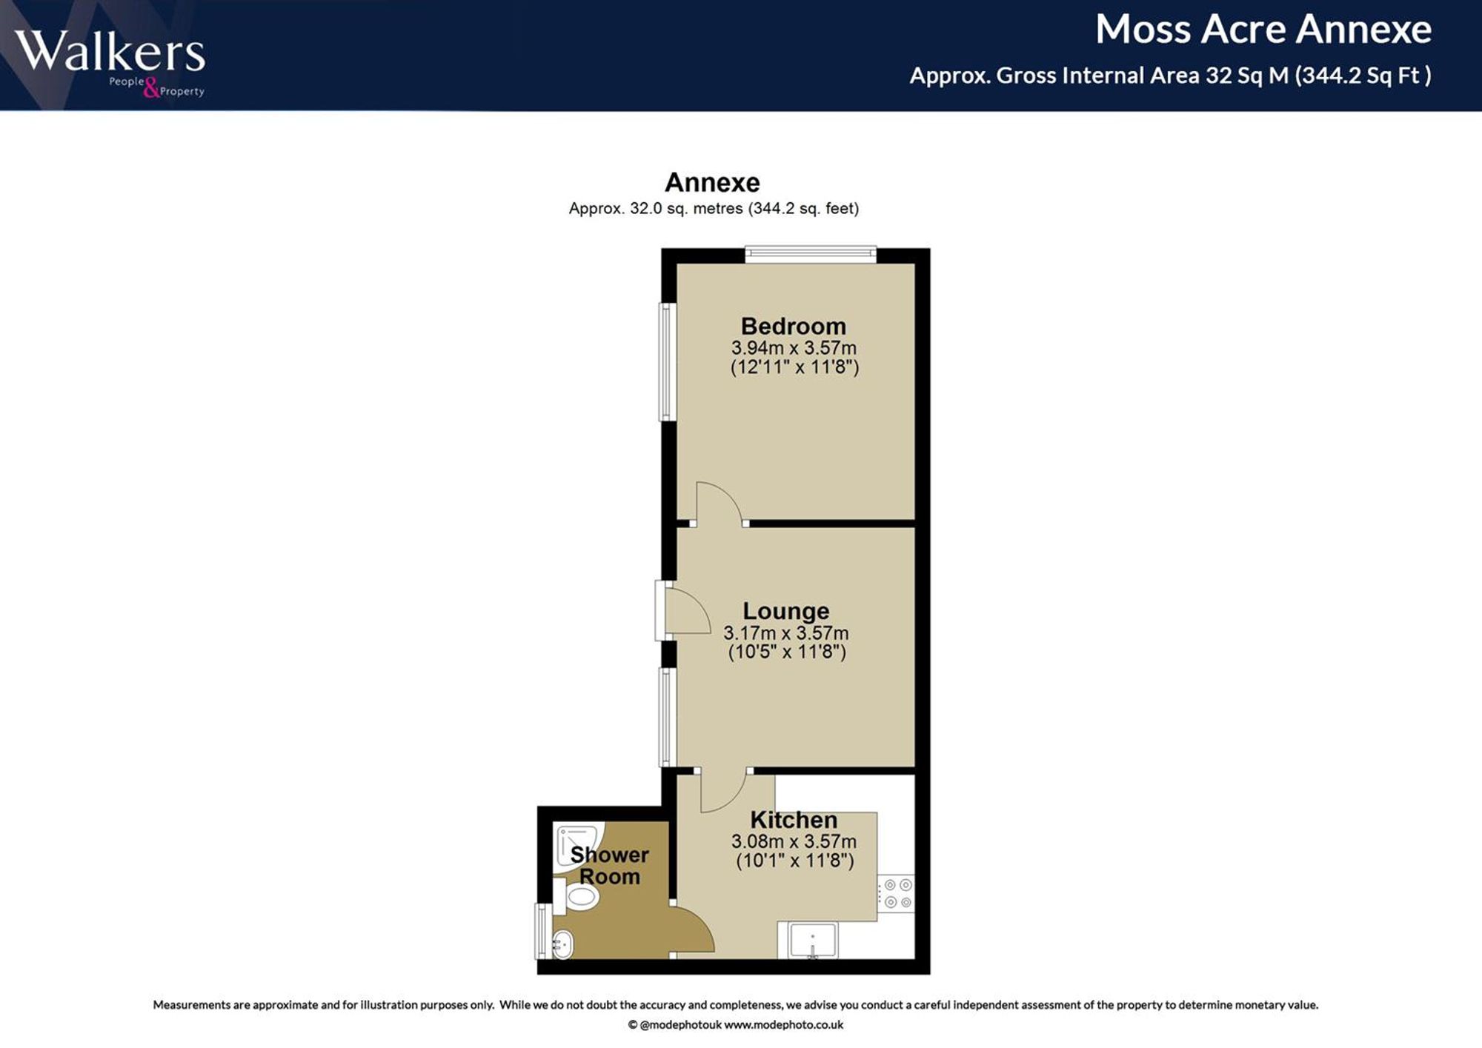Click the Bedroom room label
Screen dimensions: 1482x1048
click(793, 326)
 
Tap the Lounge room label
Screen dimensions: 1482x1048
click(785, 611)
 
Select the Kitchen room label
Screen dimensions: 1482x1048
click(794, 820)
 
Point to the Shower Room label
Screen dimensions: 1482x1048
click(609, 865)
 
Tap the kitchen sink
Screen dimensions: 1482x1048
click(813, 940)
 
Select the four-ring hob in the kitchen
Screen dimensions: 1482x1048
click(897, 893)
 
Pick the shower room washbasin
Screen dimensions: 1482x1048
click(562, 944)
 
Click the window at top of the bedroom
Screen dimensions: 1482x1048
click(811, 255)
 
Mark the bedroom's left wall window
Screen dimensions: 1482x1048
click(668, 361)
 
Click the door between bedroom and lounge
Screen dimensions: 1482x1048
click(720, 504)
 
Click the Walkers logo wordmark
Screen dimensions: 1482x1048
click(110, 52)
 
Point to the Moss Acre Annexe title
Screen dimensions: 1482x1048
click(1263, 30)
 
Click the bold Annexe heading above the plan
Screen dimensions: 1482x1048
click(712, 182)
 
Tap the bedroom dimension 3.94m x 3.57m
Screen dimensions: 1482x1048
click(794, 347)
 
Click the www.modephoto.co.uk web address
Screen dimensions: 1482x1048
click(783, 1025)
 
